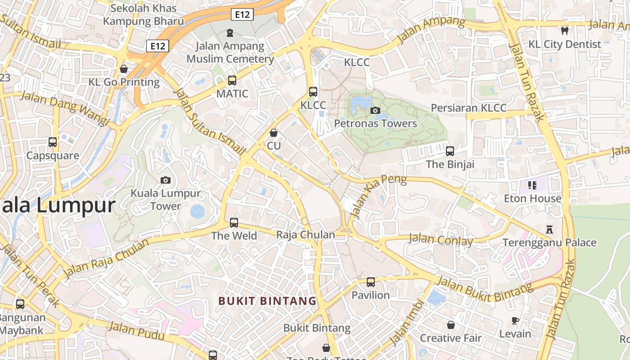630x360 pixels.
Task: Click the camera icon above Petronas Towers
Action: [x=375, y=110]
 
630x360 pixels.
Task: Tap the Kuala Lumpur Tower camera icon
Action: [x=166, y=180]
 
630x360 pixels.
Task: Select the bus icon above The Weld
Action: [x=234, y=222]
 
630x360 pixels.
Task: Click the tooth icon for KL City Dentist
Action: [x=564, y=31]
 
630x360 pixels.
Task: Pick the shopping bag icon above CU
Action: [x=273, y=133]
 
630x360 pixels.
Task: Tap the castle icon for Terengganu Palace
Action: [x=549, y=229]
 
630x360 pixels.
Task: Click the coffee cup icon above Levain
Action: [x=515, y=320]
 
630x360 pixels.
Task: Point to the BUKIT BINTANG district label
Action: [x=268, y=301]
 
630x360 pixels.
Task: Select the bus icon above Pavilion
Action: [x=370, y=282]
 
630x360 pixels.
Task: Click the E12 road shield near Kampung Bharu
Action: [x=242, y=14]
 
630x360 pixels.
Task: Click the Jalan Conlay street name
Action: [x=441, y=239]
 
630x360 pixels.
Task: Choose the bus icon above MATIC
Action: [x=232, y=81]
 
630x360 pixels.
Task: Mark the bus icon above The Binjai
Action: [x=450, y=151]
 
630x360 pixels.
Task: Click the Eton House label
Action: [x=532, y=198]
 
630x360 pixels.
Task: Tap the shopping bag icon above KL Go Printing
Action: [x=124, y=69]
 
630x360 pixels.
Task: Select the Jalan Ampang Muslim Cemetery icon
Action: [x=230, y=32]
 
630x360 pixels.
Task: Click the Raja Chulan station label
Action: [x=306, y=234]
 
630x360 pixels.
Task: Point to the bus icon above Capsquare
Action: [x=53, y=142]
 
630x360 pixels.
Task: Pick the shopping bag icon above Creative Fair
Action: [x=450, y=325]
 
